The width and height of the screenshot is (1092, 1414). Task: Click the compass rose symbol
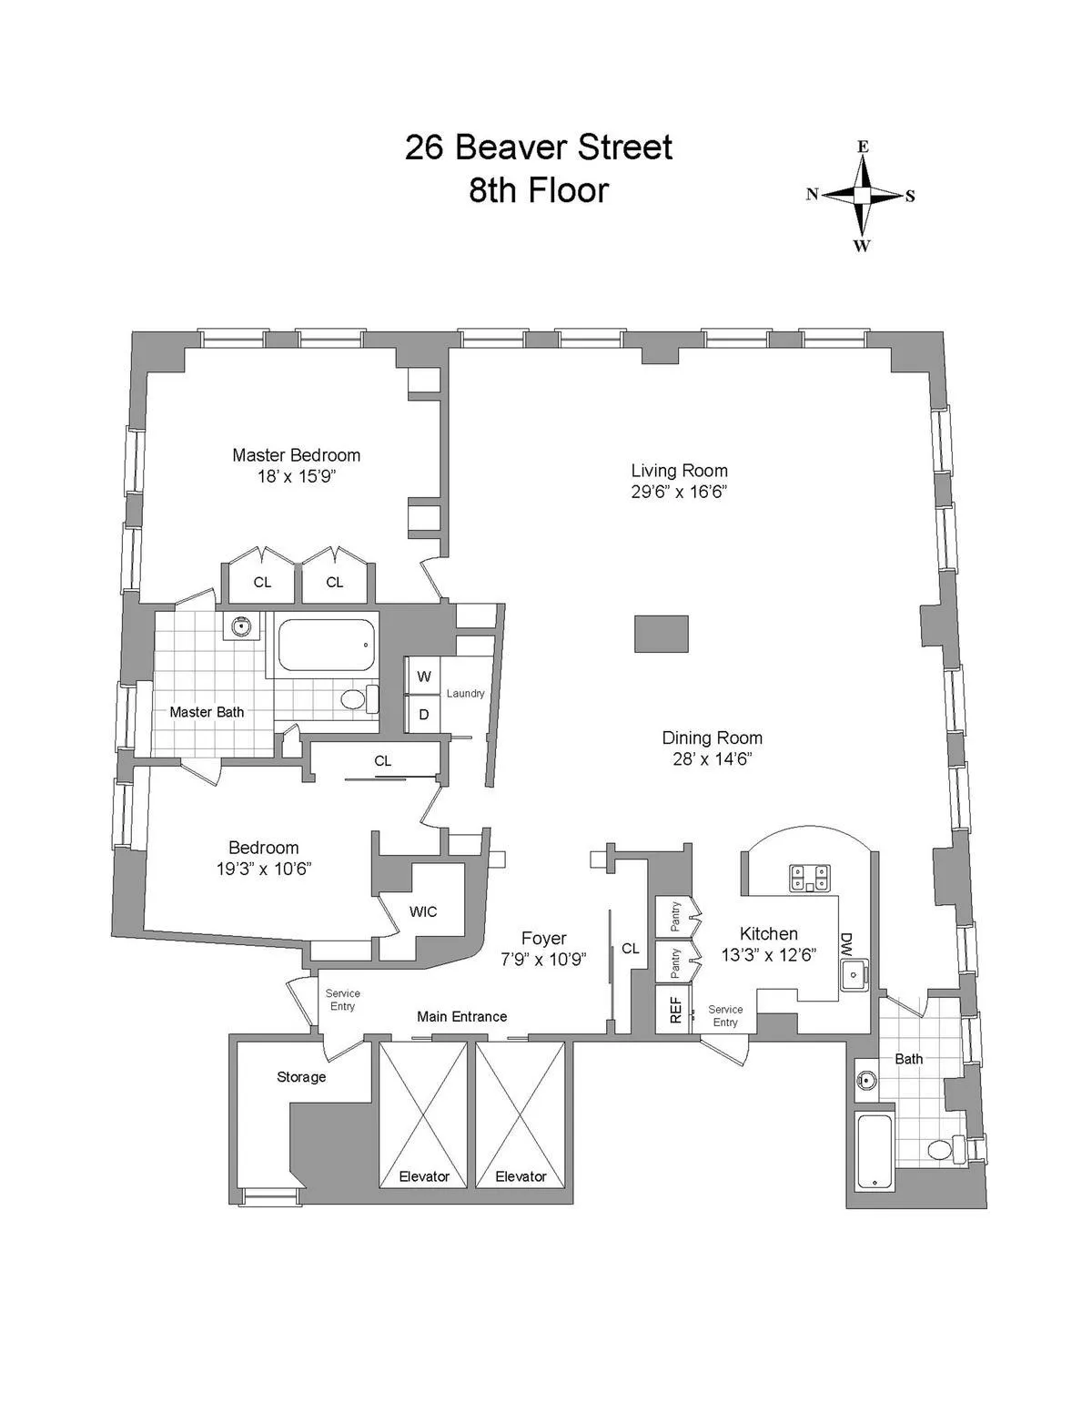pyautogui.click(x=862, y=195)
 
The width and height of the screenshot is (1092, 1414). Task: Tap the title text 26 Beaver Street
pyautogui.click(x=538, y=148)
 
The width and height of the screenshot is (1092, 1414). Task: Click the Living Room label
pyautogui.click(x=679, y=471)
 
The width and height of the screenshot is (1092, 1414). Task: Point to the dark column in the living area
pyautogui.click(x=662, y=633)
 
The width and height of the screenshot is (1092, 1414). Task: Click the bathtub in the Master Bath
pyautogui.click(x=326, y=646)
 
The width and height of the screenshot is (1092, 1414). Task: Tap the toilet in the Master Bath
pyautogui.click(x=358, y=699)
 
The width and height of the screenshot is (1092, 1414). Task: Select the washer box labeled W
pyautogui.click(x=423, y=676)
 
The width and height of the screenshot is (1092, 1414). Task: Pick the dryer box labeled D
pyautogui.click(x=423, y=715)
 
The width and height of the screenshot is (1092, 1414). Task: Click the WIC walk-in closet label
pyautogui.click(x=423, y=911)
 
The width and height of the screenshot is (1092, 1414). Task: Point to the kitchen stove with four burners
pyautogui.click(x=810, y=877)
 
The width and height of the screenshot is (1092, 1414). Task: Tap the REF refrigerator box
pyautogui.click(x=674, y=1010)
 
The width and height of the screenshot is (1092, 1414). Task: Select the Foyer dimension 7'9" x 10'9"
pyautogui.click(x=543, y=959)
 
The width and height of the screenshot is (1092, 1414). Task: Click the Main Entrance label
pyautogui.click(x=461, y=1016)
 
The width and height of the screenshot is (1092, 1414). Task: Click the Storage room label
pyautogui.click(x=301, y=1077)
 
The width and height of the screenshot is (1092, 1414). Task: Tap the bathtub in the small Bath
pyautogui.click(x=874, y=1151)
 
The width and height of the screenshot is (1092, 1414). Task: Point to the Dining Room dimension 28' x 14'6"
pyautogui.click(x=712, y=759)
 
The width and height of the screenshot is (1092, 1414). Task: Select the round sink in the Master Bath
pyautogui.click(x=241, y=626)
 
